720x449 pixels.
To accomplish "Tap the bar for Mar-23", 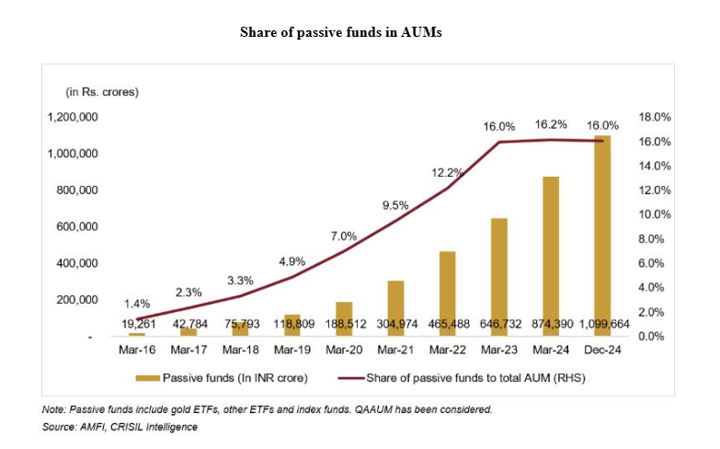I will (498, 277).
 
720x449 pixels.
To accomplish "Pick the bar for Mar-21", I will (395, 308).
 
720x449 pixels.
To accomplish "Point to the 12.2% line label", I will (447, 173).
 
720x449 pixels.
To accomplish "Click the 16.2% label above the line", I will (552, 124).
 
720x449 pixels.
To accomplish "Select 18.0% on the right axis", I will (655, 118).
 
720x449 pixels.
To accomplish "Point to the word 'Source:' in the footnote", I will (59, 427).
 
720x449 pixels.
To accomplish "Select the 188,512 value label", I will (343, 323).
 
